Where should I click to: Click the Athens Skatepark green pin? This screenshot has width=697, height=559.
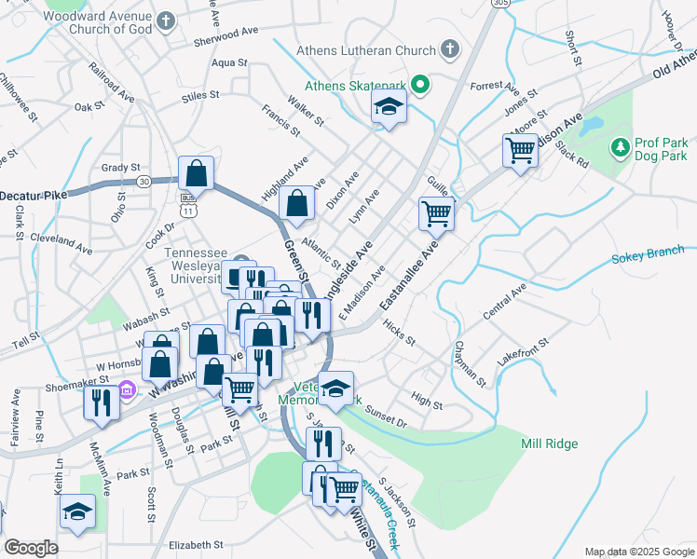coord(420,87)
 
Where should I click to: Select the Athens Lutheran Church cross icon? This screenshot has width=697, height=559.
coord(450,48)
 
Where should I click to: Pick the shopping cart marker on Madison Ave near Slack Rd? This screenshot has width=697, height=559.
coord(520,150)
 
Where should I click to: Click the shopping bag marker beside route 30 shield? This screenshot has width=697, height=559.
coord(196,172)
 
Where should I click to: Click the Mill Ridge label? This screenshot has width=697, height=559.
coord(550,443)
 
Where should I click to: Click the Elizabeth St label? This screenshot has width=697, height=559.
coord(196,544)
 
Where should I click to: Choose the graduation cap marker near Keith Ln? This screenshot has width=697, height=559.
coord(77,511)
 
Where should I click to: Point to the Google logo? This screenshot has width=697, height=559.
coord(31,548)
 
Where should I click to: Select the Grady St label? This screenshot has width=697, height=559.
coord(120,168)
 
